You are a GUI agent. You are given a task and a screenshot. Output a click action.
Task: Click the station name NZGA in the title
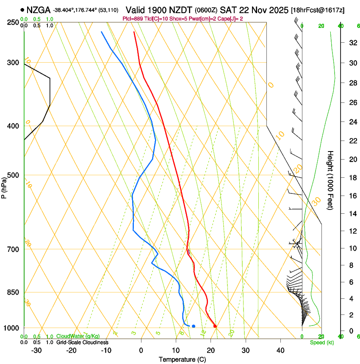point(39,10)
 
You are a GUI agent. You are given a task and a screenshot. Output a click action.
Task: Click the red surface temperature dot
point(215,326)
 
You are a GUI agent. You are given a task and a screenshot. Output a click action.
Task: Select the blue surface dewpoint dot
point(194,326)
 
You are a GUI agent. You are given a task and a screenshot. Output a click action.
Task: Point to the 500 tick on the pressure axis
point(13,175)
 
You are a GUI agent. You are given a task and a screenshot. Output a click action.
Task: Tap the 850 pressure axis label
point(13,292)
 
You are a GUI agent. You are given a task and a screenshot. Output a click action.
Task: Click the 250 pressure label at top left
point(13,22)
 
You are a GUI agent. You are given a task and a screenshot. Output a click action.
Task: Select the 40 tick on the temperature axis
point(280,350)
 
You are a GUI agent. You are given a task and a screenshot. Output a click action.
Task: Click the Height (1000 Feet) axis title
point(330,180)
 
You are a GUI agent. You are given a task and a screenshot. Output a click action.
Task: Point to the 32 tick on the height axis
point(352,42)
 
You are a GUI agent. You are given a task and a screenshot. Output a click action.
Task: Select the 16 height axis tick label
point(352,196)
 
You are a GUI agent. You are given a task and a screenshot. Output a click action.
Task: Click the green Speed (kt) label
point(321,342)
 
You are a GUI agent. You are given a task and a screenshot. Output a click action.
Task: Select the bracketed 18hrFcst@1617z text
point(318,10)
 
